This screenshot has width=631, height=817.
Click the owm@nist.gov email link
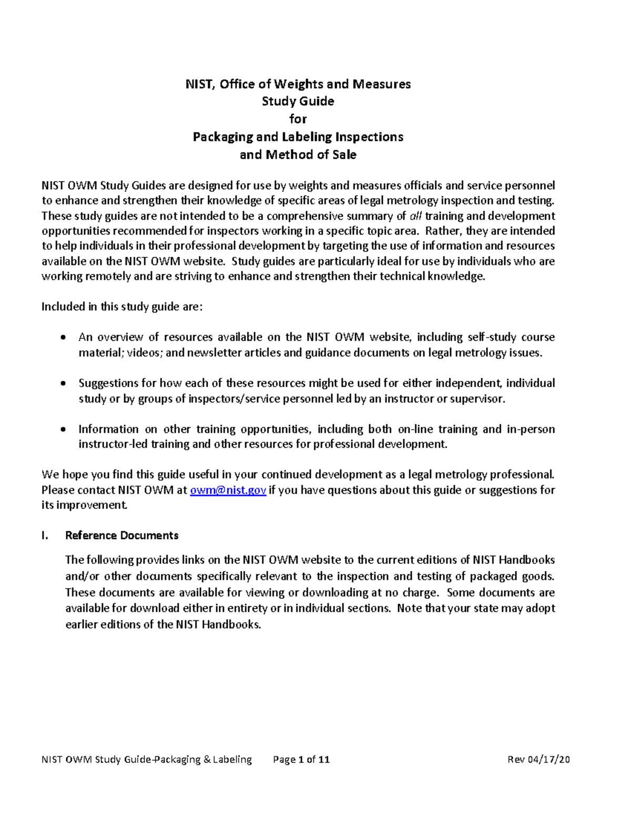coord(228,490)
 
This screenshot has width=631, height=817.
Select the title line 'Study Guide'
coord(298,101)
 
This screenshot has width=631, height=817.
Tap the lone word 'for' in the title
coord(298,119)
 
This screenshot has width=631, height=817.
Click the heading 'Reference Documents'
coord(121,536)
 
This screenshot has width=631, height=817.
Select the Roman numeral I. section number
coord(45,536)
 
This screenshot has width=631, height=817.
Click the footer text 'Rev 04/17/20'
coord(538,759)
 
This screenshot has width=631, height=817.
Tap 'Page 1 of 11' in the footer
coord(301,759)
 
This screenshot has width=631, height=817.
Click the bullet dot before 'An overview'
coord(64,338)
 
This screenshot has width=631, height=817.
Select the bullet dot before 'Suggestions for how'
coord(64,384)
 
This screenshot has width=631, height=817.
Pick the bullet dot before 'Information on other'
coord(64,429)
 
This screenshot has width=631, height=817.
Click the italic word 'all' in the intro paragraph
coord(415,216)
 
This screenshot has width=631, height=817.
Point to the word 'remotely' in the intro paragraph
coord(104,277)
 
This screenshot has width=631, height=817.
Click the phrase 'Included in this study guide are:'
coord(122,307)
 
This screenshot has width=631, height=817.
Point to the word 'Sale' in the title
coord(343,155)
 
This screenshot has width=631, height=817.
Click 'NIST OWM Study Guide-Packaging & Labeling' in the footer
coord(147,759)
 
